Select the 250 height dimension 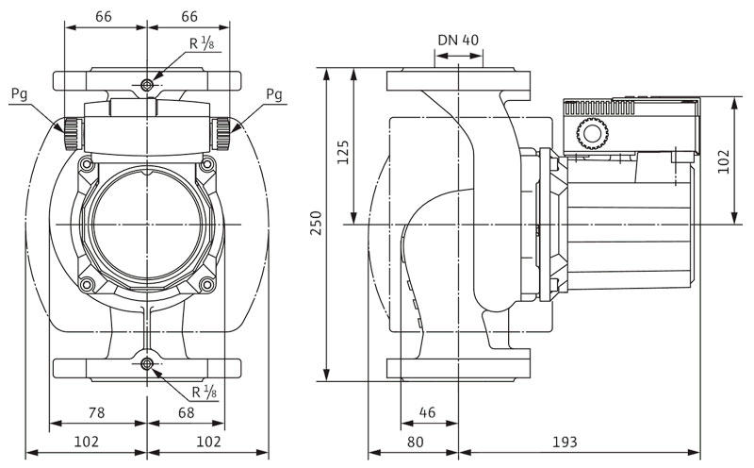317,224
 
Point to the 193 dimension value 565,442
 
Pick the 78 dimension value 97,411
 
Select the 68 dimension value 186,411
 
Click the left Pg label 19,94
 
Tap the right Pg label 273,94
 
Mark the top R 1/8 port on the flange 146,86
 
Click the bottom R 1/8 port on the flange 146,365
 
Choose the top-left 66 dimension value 104,17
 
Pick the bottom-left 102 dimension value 85,442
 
